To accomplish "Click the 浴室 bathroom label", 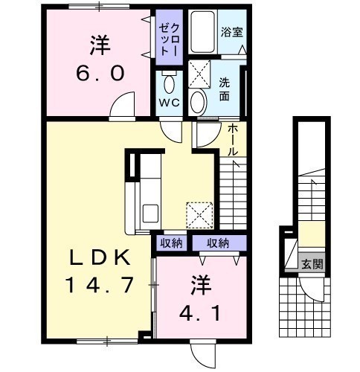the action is tap(232, 32).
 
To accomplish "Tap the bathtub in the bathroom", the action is tap(203, 32).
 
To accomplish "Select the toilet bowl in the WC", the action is tap(170, 84).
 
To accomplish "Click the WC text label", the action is tap(170, 103).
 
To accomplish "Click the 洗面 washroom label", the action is tap(224, 89).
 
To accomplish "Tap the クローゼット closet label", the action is tap(170, 39).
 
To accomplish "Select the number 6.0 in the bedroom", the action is tap(100, 74).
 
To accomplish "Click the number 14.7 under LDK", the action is tap(100, 285).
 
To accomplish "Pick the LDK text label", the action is tap(100, 257).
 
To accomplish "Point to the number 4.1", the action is tap(200, 313).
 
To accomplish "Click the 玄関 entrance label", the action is tap(312, 264).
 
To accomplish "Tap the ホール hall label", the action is tap(233, 140).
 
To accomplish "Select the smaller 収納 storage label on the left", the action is tap(171, 243).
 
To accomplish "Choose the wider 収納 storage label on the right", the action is tap(218, 243).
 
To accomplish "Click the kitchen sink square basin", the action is tap(150, 214).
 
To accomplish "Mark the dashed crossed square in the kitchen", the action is tap(199, 215).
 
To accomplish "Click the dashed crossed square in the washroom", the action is tap(199, 74).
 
